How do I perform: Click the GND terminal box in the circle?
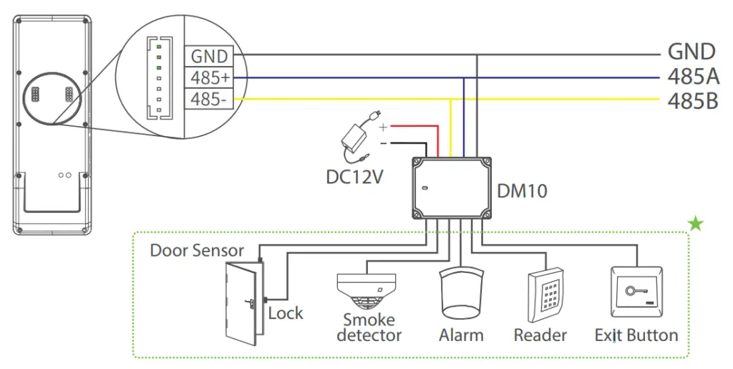click(209, 56)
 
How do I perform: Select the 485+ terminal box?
click(209, 77)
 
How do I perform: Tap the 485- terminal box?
click(209, 99)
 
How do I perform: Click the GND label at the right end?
click(691, 52)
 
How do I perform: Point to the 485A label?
click(692, 77)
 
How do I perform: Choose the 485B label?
click(692, 101)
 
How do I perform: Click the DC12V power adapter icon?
click(359, 138)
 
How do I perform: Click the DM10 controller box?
click(452, 188)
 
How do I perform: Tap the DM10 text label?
click(522, 190)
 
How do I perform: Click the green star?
click(695, 224)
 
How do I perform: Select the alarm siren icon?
click(460, 294)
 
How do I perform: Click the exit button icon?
click(636, 292)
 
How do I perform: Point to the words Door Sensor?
click(197, 251)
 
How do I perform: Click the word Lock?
click(286, 313)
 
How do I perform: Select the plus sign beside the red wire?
click(383, 127)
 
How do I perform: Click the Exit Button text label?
click(636, 335)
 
